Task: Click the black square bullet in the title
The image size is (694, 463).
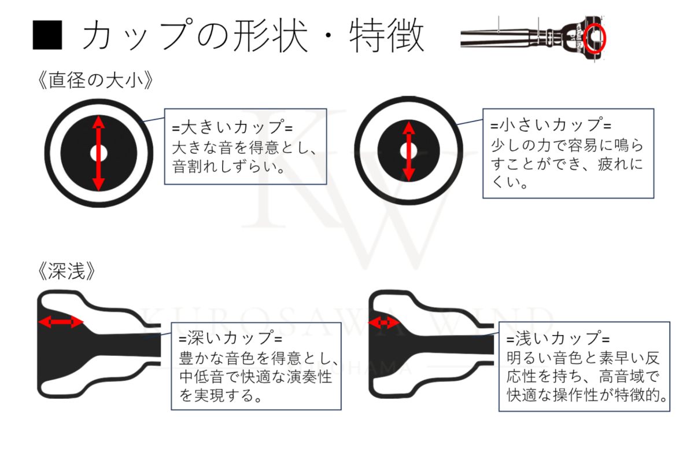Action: coord(47,36)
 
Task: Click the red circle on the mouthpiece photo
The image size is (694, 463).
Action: coord(595,38)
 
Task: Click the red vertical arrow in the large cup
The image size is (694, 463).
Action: coord(98,153)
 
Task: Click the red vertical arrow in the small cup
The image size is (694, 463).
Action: coord(409,151)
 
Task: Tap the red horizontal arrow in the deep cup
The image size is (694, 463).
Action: coord(60,322)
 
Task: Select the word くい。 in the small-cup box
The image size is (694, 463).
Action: coord(508,185)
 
